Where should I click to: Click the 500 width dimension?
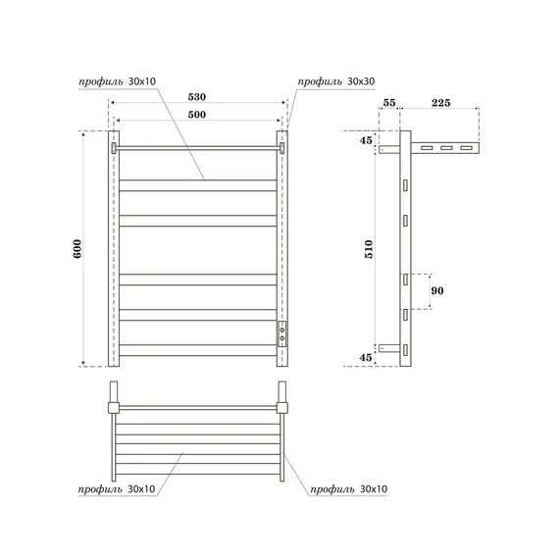tap(198, 115)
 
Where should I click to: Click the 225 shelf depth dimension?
tap(440, 102)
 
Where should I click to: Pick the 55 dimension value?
tap(387, 102)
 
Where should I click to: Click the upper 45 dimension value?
tap(367, 140)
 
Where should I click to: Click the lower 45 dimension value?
tap(367, 357)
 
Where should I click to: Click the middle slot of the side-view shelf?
tap(445, 148)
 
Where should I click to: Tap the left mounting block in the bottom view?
tap(115, 406)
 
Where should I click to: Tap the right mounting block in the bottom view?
tap(284, 406)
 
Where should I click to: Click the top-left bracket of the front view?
tap(115, 147)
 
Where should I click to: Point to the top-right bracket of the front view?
tap(282, 147)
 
